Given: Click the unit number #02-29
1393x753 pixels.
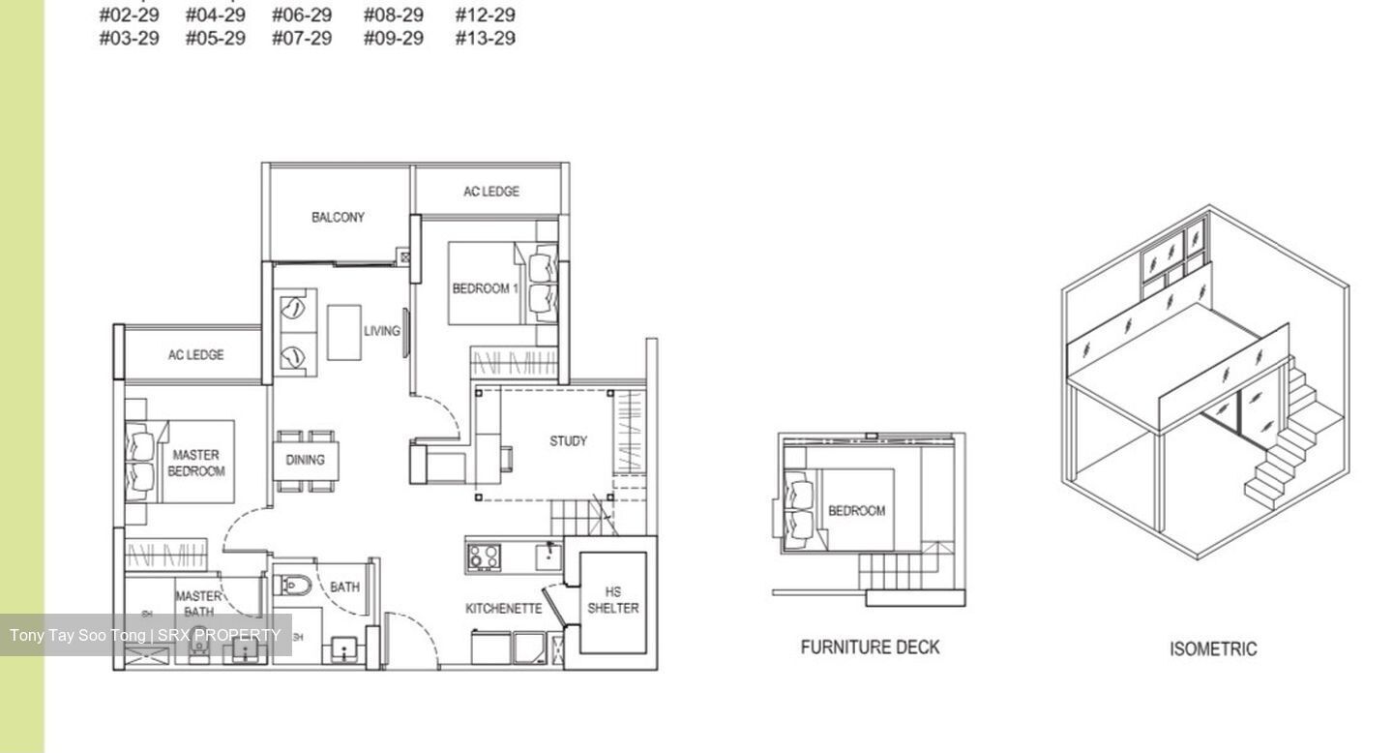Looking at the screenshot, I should tap(130, 15).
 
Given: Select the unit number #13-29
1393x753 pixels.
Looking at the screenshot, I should tap(485, 39).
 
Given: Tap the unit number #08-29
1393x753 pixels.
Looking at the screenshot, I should tap(393, 15).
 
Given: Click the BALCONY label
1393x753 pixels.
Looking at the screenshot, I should tap(338, 217).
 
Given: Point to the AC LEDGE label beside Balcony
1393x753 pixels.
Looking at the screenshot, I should tap(490, 192).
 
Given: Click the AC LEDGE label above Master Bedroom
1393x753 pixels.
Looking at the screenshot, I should tap(195, 355).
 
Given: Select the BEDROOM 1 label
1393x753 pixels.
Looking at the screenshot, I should tap(486, 288).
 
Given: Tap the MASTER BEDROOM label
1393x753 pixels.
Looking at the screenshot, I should tap(195, 463).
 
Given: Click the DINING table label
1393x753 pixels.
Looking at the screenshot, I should tap(305, 460).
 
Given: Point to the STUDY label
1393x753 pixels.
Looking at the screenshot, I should tap(568, 441).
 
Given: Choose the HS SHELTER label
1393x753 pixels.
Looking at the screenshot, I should tap(612, 600).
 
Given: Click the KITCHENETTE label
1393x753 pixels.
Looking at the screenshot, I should tap(503, 609).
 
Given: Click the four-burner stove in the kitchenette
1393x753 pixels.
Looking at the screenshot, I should tap(484, 556).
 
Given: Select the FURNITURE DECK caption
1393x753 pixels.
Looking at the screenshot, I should tap(870, 648).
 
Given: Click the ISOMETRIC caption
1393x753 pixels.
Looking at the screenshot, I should tap(1213, 649).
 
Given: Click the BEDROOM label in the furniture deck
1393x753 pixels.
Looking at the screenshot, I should tap(856, 511).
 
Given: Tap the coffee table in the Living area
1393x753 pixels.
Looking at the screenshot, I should tap(343, 332).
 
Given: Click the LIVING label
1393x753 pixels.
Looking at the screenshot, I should tap(381, 331).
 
